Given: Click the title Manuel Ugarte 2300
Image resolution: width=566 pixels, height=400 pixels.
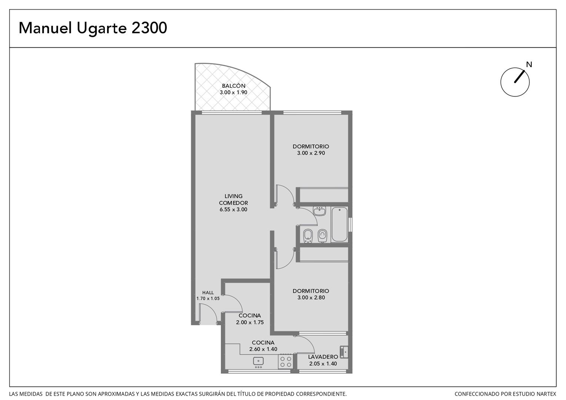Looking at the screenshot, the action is coord(93,28).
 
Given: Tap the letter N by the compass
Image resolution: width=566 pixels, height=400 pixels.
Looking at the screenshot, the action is coord(529,65).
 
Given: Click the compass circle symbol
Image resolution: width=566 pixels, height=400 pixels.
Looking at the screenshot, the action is coord(515,82).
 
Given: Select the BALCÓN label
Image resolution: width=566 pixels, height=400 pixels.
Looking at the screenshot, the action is coord(233,86).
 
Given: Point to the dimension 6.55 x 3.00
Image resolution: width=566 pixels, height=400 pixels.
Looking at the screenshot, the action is coord(233,209).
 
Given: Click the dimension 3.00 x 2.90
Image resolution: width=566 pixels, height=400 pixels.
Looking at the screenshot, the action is coord(311,153).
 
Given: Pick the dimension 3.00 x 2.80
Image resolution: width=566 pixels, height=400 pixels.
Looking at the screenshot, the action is coord(311,297).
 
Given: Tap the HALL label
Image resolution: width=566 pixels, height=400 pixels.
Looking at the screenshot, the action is coord(208,292).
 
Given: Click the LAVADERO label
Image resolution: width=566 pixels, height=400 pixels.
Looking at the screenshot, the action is coord(323,357).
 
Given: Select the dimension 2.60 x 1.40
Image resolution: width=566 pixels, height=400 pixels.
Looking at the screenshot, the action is coord(263,349).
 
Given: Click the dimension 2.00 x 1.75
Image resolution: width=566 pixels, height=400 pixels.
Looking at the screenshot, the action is coord(250,322).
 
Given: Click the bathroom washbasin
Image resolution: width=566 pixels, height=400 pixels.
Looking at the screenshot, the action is coord(319,211).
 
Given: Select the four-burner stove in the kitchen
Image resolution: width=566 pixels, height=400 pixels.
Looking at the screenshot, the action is coord(286,361).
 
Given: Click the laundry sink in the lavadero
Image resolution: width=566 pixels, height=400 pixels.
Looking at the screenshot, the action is coord(344,352).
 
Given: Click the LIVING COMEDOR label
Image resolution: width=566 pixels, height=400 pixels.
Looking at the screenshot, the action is coord(233,199).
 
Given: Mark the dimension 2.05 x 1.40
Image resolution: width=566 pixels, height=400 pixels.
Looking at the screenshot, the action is coord(323,364).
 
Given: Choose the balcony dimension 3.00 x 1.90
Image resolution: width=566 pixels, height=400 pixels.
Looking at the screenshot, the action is coord(233,92).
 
